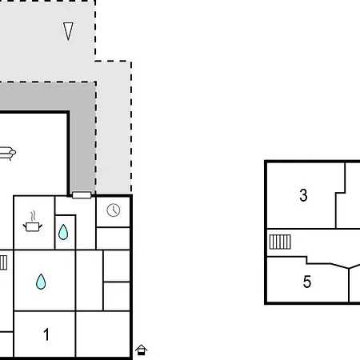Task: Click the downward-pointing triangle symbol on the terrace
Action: [x=68, y=31]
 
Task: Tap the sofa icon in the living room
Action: [x=7, y=153]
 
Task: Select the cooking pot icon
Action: [x=33, y=227]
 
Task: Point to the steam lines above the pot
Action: [x=33, y=216]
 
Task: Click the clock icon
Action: [x=114, y=210]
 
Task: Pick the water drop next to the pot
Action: [x=63, y=232]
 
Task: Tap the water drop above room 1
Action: [x=41, y=282]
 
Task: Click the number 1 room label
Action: [x=46, y=334]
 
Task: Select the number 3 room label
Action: [x=303, y=195]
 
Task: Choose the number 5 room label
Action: [x=307, y=282]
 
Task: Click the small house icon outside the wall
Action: [x=141, y=350]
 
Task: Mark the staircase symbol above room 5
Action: [x=280, y=242]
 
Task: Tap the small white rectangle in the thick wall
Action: [x=82, y=195]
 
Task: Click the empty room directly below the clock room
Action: [x=113, y=238]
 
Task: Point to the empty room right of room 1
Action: [x=103, y=334]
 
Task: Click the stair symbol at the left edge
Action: [x=3, y=262]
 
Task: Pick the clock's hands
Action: [x=114, y=210]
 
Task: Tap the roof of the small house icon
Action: [x=141, y=347]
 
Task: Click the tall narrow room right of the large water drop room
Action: [x=90, y=280]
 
